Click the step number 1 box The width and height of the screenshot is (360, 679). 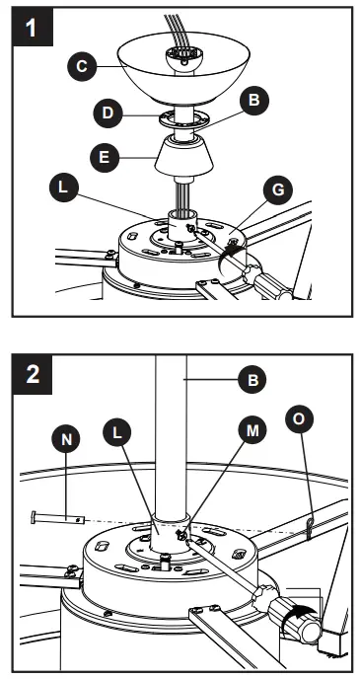tap(32, 27)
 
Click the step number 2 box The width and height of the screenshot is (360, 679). tap(32, 375)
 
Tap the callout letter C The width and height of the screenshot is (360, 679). tap(82, 67)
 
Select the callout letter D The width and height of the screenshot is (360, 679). tap(108, 113)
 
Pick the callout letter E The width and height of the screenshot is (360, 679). tap(105, 157)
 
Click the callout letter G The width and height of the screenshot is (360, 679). tap(278, 189)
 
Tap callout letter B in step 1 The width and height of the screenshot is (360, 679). tap(254, 101)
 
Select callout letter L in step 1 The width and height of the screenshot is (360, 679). tap(63, 188)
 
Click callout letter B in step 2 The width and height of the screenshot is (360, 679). tap(252, 379)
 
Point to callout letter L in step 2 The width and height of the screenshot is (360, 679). tap(117, 433)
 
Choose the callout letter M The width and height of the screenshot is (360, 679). tap(252, 430)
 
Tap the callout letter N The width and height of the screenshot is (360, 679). tap(66, 439)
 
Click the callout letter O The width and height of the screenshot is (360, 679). tap(300, 418)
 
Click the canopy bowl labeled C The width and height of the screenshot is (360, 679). tap(183, 67)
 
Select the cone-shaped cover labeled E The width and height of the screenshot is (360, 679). tap(183, 156)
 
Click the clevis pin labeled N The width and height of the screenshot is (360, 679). tap(58, 517)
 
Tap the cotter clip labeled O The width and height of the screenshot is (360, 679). tap(309, 529)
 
